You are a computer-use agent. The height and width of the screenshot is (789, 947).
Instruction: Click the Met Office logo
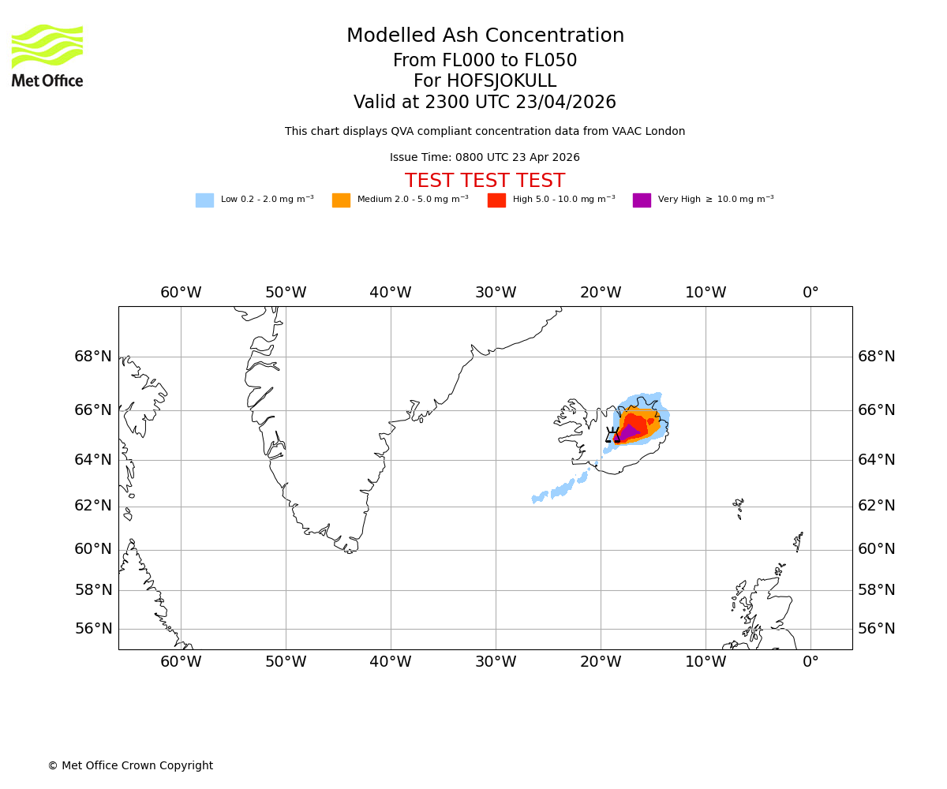(47, 55)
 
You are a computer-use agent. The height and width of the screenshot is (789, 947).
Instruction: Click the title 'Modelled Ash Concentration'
(485, 36)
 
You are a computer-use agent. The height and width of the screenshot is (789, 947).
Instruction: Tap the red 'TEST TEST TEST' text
(485, 181)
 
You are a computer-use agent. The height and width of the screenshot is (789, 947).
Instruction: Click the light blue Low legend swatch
(204, 200)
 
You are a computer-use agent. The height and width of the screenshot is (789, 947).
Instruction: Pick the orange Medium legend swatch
(341, 200)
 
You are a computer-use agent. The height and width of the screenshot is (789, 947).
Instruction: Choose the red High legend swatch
(496, 200)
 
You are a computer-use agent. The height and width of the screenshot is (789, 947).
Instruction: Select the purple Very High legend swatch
(642, 200)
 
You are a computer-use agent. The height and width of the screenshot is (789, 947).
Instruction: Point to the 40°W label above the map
(390, 293)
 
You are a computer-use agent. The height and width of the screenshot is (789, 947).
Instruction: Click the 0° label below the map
(810, 662)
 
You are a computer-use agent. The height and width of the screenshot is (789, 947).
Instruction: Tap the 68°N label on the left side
(93, 357)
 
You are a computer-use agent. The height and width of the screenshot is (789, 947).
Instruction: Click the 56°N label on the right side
(877, 629)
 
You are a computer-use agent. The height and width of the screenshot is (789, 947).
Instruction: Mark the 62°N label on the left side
(93, 507)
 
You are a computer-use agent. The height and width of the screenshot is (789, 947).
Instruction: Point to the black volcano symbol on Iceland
(612, 435)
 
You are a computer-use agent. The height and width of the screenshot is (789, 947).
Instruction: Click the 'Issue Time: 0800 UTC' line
(485, 158)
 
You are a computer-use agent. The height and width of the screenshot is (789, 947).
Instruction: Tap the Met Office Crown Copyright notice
(130, 766)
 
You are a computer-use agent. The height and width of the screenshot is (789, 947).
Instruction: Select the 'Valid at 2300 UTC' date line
(485, 103)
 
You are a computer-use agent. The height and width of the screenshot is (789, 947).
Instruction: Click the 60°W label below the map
(181, 662)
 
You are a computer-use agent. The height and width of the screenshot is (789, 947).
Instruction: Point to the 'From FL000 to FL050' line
(485, 61)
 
